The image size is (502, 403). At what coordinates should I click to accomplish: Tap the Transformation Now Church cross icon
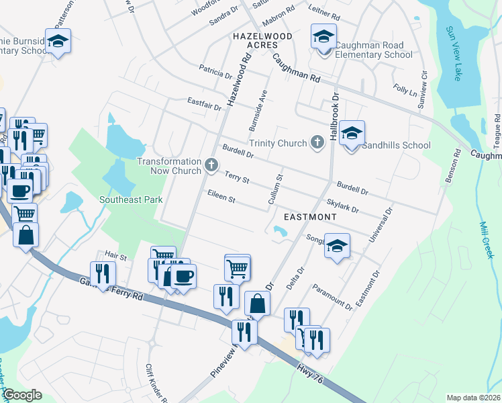pos(211,165)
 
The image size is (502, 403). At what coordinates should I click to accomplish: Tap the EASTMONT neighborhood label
pos(309,217)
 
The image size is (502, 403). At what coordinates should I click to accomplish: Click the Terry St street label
pos(237,178)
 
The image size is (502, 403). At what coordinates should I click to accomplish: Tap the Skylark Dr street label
pos(342,206)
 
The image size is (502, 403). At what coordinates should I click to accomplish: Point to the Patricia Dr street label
pos(215,70)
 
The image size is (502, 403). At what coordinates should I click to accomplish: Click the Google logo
pos(23,395)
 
